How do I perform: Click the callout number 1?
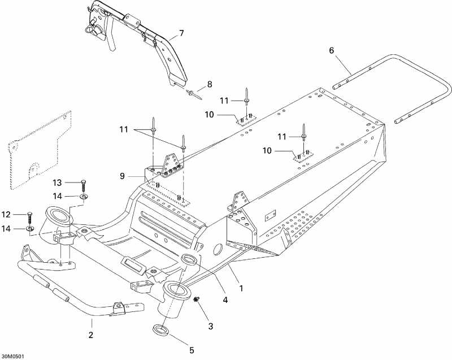tap(242, 288)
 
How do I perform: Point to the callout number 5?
tap(191, 350)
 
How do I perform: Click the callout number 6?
tap(332, 51)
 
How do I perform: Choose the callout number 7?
tap(181, 33)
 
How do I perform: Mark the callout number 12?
tap(7, 214)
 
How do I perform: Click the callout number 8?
tap(209, 84)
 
